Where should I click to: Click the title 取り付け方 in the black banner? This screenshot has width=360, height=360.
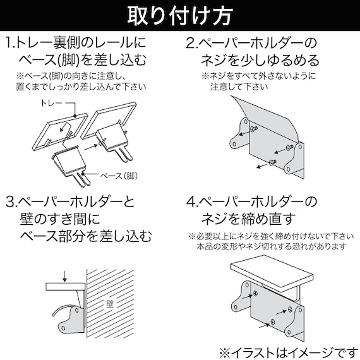[x=179, y=15]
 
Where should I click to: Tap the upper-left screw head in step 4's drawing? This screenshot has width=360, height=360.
[x=256, y=294]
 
